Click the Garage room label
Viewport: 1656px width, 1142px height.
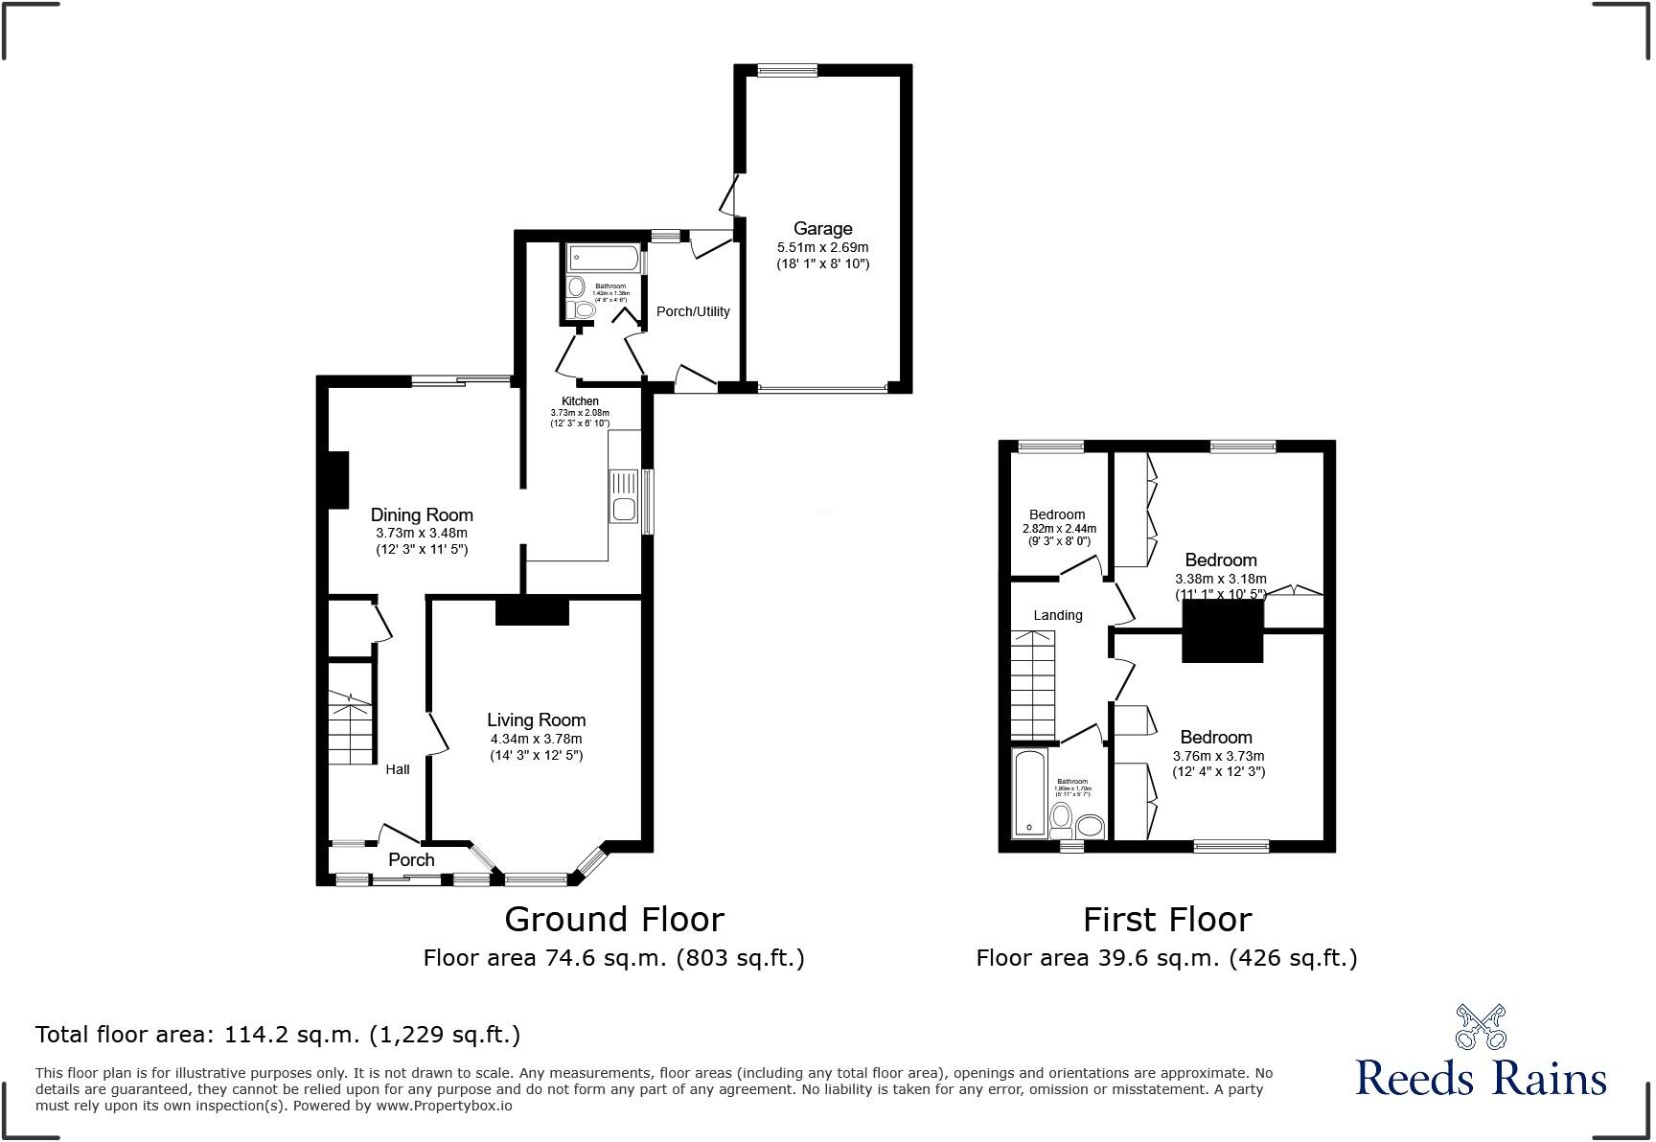coord(822,228)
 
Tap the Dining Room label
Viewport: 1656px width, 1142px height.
coord(422,514)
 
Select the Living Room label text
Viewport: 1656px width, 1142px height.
coord(536,719)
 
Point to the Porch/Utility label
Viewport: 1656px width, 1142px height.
coord(693,311)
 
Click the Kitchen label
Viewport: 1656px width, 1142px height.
coord(580,400)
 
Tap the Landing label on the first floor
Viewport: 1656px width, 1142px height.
coord(1058,615)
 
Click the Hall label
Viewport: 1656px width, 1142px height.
coord(398,768)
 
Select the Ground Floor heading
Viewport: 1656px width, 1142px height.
coord(613,920)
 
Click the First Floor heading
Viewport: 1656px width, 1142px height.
coord(1166,920)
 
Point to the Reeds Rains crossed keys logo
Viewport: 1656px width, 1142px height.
coord(1481,1026)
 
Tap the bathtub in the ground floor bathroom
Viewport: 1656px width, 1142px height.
coord(604,257)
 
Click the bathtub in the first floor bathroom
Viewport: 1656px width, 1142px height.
coord(1030,793)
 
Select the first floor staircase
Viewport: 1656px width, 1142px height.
coord(1033,684)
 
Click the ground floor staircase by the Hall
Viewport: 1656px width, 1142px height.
coord(350,727)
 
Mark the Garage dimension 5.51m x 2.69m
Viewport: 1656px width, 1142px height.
coord(822,246)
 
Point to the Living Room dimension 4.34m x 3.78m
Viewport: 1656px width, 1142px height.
coord(536,739)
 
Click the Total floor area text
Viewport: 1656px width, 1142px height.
coord(278,1035)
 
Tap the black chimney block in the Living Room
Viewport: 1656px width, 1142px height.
coord(533,611)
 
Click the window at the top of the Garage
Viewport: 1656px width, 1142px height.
coord(787,70)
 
